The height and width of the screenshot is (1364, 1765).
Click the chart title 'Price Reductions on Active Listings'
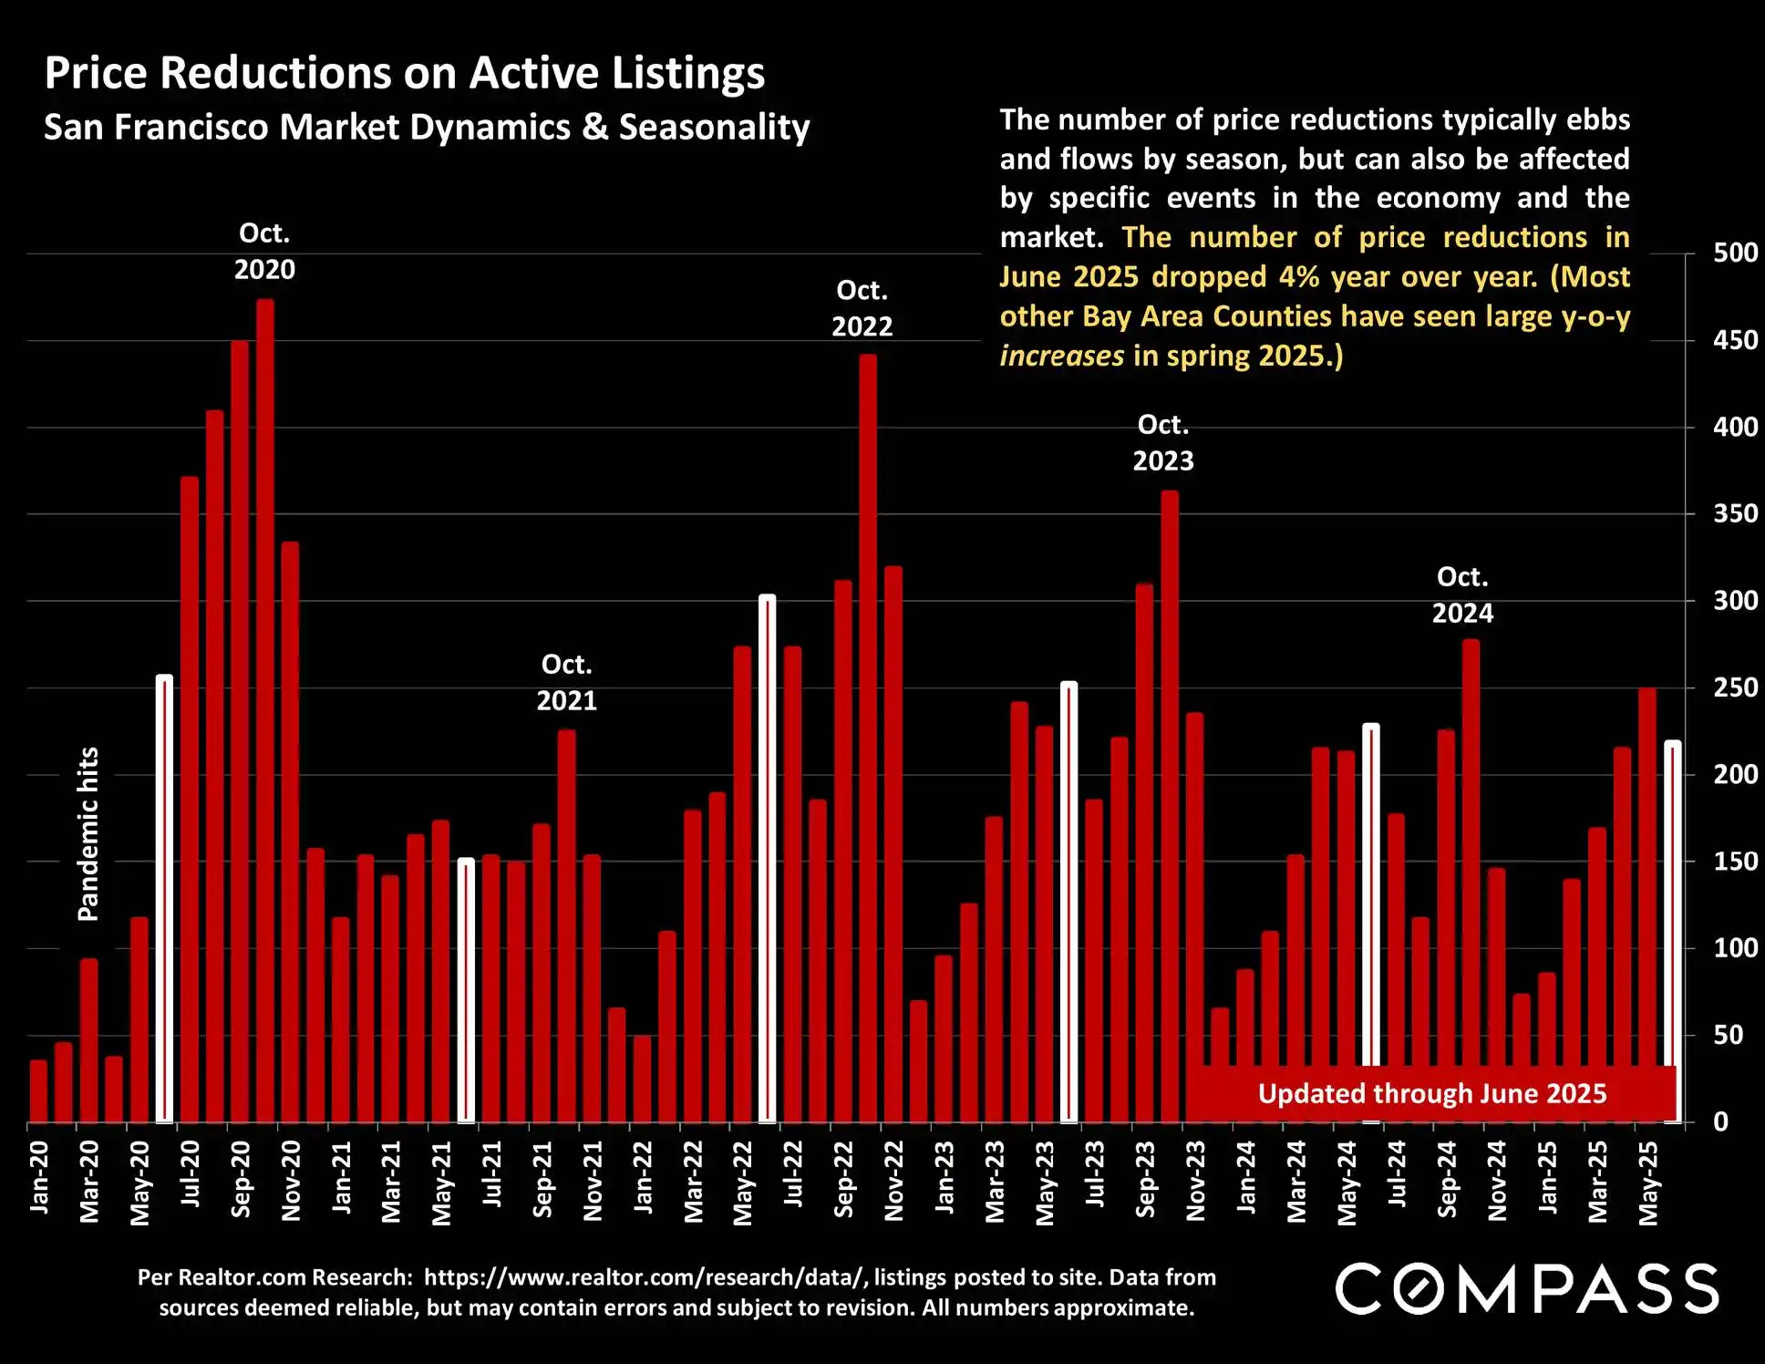(404, 73)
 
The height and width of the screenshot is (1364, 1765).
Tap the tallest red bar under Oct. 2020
(265, 711)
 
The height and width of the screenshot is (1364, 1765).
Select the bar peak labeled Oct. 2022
(868, 739)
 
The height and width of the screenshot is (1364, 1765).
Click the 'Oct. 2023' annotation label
(1163, 443)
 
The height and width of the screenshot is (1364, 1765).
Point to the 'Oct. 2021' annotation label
(566, 683)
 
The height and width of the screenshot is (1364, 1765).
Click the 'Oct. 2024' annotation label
(1462, 595)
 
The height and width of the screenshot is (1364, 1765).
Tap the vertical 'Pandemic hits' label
(88, 834)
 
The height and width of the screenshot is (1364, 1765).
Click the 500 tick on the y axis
(1735, 253)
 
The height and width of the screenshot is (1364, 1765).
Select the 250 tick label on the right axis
(1735, 687)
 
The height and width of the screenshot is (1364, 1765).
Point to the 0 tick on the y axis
(1720, 1122)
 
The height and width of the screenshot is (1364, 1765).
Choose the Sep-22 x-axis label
(843, 1180)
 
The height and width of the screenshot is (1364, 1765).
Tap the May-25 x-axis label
(1648, 1182)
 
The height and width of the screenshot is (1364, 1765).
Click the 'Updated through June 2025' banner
(1431, 1094)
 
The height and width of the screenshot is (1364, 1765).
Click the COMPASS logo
(1527, 1289)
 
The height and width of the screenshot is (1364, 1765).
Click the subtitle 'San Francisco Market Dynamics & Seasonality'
(427, 128)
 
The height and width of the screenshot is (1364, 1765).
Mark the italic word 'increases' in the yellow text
(1062, 356)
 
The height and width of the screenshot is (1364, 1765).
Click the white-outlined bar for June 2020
(164, 899)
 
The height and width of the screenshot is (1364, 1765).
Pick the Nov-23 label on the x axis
(1195, 1181)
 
